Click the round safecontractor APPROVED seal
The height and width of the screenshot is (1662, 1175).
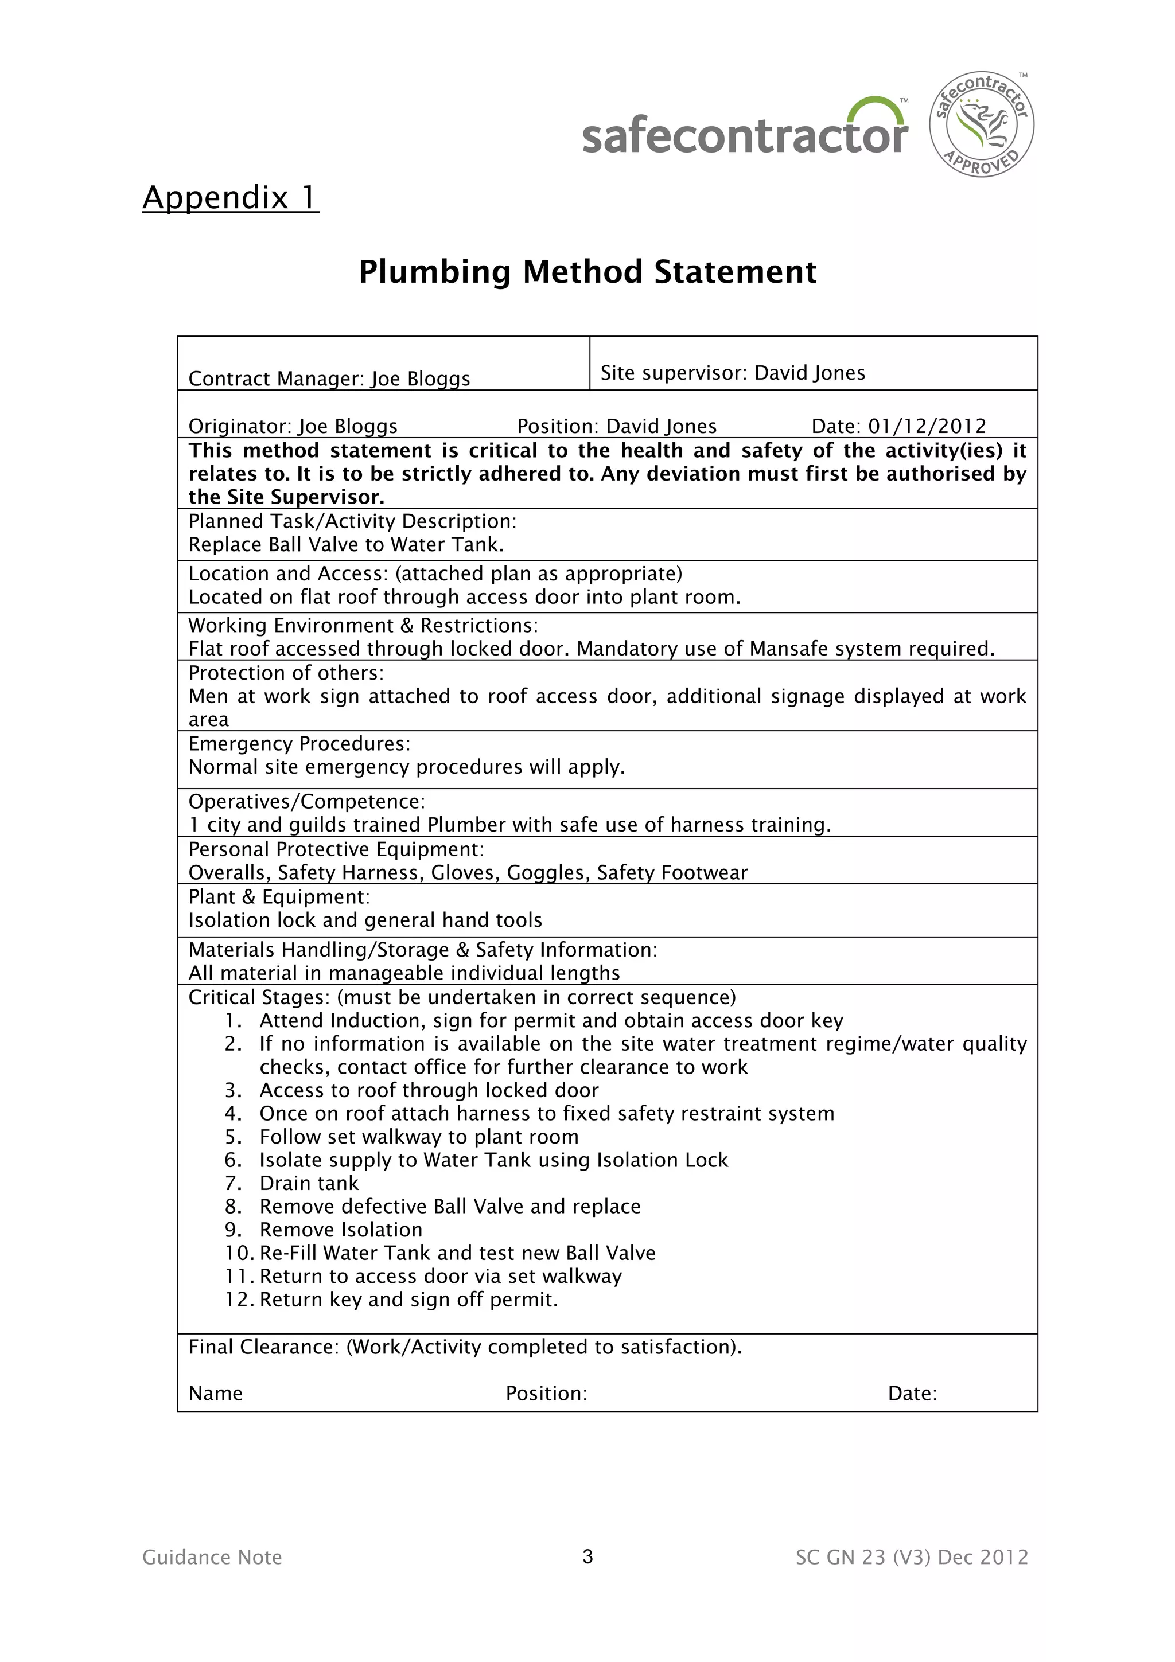(x=981, y=124)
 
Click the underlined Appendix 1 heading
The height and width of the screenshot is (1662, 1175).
(x=230, y=198)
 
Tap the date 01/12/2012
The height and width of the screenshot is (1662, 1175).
(x=927, y=426)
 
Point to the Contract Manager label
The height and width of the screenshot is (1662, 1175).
(x=276, y=379)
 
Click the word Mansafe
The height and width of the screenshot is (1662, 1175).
(x=786, y=649)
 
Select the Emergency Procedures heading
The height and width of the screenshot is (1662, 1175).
(x=299, y=744)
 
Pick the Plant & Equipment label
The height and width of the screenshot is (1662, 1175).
(x=279, y=897)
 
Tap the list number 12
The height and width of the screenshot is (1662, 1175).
(x=238, y=1300)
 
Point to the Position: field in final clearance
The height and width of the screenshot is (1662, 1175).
(x=546, y=1394)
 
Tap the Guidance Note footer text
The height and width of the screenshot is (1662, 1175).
(x=212, y=1557)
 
